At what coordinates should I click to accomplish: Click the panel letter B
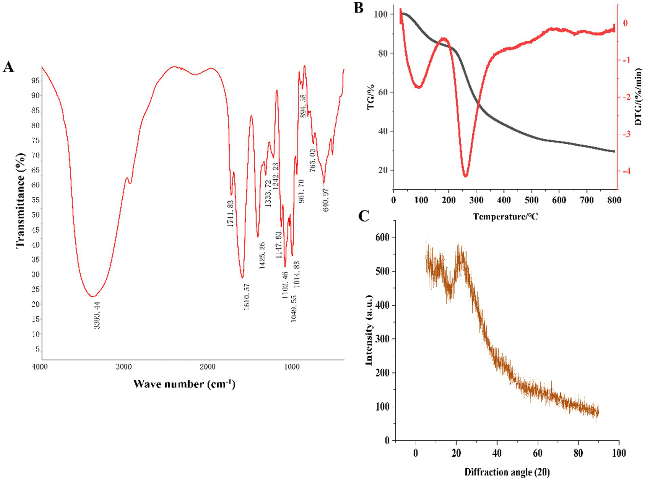(x=358, y=8)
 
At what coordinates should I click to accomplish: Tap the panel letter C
(x=363, y=216)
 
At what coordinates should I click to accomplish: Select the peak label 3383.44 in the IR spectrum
(x=97, y=315)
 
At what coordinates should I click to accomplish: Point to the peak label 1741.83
(x=230, y=214)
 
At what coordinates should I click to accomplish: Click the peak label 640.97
(x=326, y=200)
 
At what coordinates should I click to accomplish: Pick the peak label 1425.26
(x=262, y=255)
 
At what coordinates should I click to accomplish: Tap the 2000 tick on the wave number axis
(x=208, y=367)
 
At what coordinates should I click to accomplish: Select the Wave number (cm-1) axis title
(x=184, y=383)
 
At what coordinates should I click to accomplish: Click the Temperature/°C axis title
(x=505, y=216)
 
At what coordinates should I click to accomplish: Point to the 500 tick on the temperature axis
(x=532, y=200)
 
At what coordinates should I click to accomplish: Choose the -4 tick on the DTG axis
(x=626, y=171)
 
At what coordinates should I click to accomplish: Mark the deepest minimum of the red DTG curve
(x=465, y=176)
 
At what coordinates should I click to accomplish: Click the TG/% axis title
(x=371, y=97)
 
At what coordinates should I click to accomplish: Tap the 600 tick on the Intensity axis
(x=382, y=237)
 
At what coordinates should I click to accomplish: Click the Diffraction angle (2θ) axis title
(x=507, y=472)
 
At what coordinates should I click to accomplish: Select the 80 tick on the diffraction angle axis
(x=578, y=453)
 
